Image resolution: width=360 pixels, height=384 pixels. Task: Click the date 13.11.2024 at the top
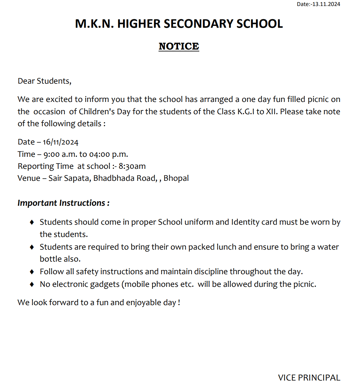point(326,4)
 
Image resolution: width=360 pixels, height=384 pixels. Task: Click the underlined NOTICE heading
point(179,46)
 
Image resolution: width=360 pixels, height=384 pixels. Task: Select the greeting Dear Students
point(44,81)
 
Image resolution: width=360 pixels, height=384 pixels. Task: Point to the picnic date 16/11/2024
point(61,142)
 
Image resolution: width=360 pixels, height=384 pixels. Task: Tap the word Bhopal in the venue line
point(176,178)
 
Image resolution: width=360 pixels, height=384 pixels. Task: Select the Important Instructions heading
point(63,203)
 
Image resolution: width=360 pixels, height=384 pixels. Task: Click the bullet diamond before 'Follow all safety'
point(32,272)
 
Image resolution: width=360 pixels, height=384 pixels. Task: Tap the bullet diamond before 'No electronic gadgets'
point(32,284)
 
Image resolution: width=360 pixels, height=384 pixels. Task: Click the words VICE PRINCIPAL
point(309,377)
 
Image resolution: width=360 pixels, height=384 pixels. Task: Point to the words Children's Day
point(105,112)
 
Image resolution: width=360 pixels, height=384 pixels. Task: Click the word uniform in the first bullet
point(199,222)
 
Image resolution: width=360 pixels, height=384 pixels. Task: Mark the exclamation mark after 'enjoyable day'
point(179,303)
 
